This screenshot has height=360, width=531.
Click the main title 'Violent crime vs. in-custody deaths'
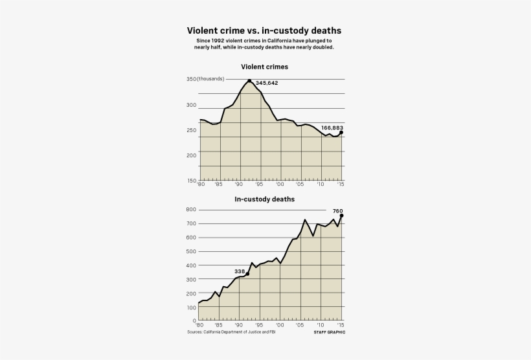pyautogui.click(x=264, y=30)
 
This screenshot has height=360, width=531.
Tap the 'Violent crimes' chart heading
pyautogui.click(x=264, y=66)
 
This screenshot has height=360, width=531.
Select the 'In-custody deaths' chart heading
pyautogui.click(x=264, y=199)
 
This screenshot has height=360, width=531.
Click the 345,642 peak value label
pyautogui.click(x=267, y=83)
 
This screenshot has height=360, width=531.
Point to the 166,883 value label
pyautogui.click(x=332, y=128)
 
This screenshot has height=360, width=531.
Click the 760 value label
pyautogui.click(x=337, y=210)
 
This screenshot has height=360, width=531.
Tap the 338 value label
pyautogui.click(x=240, y=271)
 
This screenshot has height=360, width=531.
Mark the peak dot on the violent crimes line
pyautogui.click(x=249, y=81)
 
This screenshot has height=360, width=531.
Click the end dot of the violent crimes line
pyautogui.click(x=341, y=133)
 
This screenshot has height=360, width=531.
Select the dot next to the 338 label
pyautogui.click(x=247, y=274)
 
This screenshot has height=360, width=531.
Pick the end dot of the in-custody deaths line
pyautogui.click(x=342, y=216)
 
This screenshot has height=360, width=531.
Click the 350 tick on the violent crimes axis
pyautogui.click(x=191, y=79)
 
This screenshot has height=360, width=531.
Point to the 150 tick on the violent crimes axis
pyautogui.click(x=191, y=181)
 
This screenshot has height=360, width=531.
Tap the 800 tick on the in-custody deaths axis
pyautogui.click(x=190, y=210)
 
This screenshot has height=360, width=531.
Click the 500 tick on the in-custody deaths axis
pyautogui.click(x=190, y=251)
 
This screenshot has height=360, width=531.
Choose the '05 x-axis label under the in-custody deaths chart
pyautogui.click(x=300, y=325)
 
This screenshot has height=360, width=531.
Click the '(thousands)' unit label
pyautogui.click(x=211, y=79)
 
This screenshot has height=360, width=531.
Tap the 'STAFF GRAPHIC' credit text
pyautogui.click(x=329, y=332)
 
